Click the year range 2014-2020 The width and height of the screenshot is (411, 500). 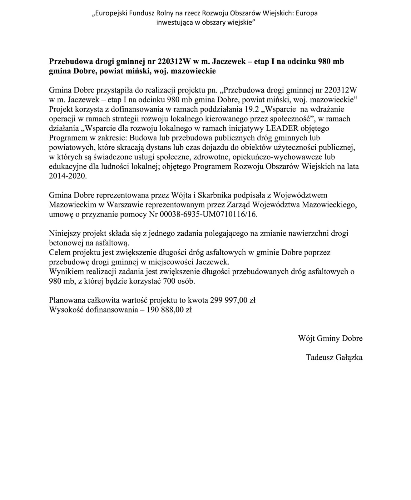(x=67, y=176)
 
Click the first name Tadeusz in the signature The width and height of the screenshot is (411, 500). (x=319, y=357)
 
